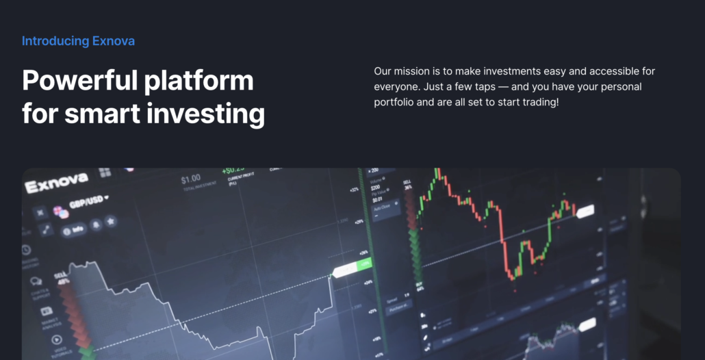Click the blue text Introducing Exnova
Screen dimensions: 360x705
point(78,41)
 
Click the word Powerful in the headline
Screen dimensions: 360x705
point(76,81)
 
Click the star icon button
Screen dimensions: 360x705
point(110,222)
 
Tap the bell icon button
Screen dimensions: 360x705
point(95,225)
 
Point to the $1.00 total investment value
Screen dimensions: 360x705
point(190,179)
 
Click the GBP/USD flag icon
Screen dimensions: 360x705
point(61,211)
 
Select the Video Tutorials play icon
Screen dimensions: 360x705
point(56,339)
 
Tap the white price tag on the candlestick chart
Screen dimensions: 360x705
point(586,213)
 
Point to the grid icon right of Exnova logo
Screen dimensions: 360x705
point(105,172)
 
